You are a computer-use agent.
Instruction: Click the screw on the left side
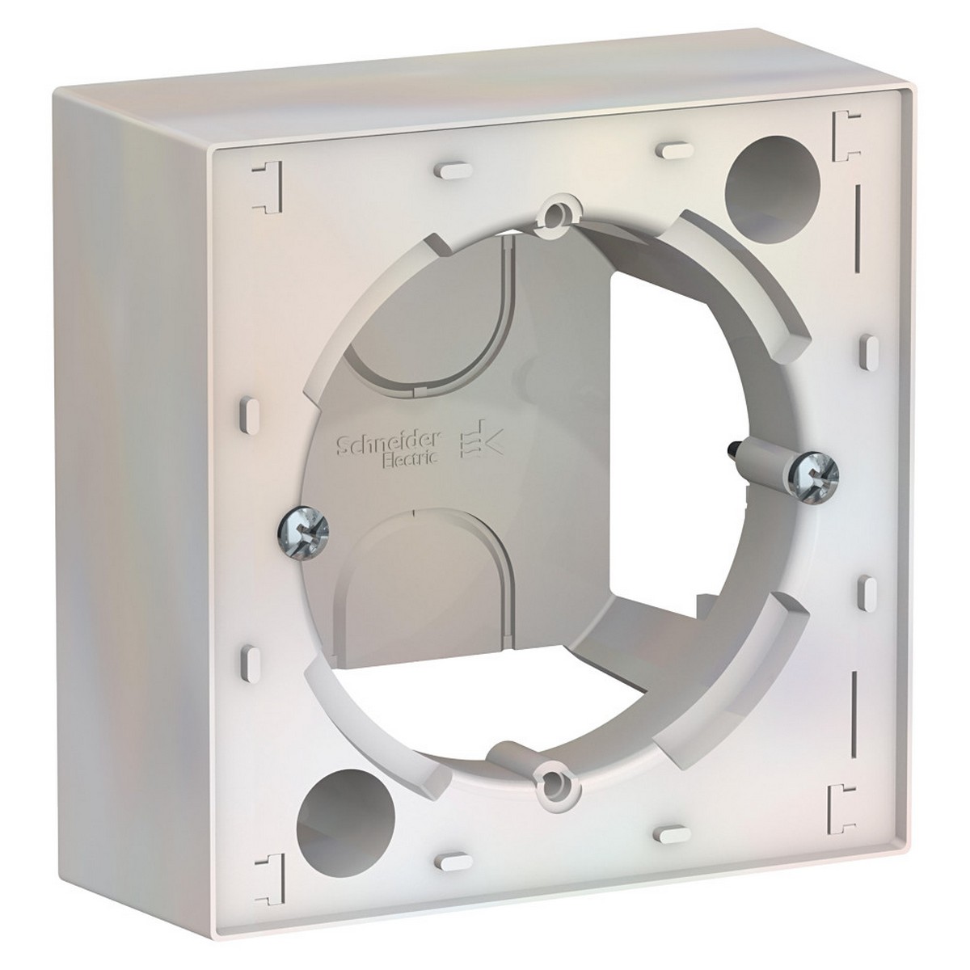[x=305, y=531]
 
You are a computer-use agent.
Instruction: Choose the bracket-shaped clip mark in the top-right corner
[x=845, y=131]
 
